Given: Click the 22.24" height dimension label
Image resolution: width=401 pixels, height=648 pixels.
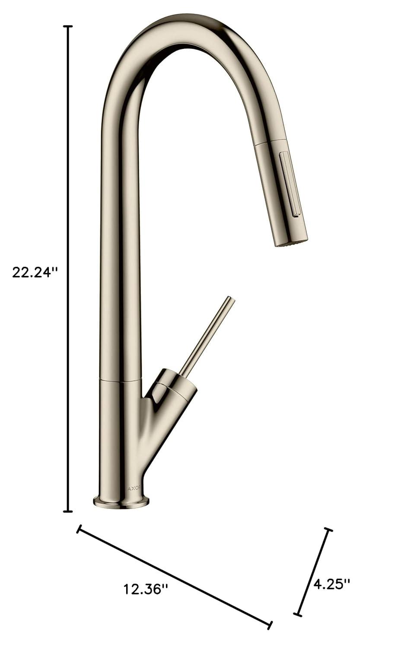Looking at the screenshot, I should [x=35, y=273].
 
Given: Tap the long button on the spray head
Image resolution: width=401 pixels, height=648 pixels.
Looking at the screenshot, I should [x=290, y=184].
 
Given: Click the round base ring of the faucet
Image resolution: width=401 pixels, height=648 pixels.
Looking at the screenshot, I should [x=121, y=502].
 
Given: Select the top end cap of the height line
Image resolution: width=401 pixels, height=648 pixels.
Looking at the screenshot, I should [x=68, y=27].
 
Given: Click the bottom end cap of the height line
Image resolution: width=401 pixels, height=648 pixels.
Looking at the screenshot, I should [x=68, y=511].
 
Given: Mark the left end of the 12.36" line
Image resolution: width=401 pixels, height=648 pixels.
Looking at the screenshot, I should [x=79, y=529].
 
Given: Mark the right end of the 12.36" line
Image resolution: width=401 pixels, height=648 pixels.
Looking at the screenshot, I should [x=270, y=625].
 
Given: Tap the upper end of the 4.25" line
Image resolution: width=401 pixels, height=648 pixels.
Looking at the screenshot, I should [x=329, y=530].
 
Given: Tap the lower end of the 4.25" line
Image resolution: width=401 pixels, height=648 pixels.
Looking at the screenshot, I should [x=297, y=614].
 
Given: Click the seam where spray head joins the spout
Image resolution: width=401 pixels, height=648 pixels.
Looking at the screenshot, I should [x=270, y=143].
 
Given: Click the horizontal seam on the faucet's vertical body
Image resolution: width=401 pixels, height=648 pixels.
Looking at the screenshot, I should [x=121, y=380].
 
